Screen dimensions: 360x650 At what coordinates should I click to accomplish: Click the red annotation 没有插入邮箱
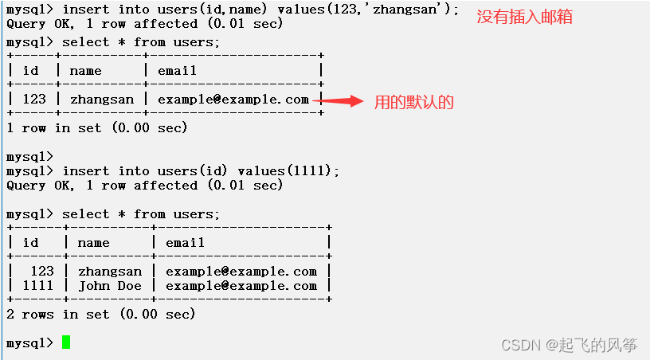pyautogui.click(x=524, y=17)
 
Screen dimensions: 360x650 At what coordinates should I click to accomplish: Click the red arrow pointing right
pyautogui.click(x=343, y=101)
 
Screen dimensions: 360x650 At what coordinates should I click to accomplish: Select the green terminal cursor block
pyautogui.click(x=66, y=342)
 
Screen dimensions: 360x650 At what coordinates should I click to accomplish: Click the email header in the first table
pyautogui.click(x=177, y=71)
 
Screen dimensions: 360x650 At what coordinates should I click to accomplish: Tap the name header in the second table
pyautogui.click(x=93, y=243)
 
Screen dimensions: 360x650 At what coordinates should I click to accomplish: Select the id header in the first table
pyautogui.click(x=30, y=71)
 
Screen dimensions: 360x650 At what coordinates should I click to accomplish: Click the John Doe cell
pyautogui.click(x=109, y=286)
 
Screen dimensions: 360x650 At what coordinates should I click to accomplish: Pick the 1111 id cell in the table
pyautogui.click(x=37, y=286)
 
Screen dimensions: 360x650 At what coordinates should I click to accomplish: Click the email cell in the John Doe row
pyautogui.click(x=241, y=286)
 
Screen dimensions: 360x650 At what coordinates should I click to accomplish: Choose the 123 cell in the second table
pyautogui.click(x=41, y=272)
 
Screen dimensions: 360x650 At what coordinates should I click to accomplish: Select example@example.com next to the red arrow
pyautogui.click(x=233, y=100)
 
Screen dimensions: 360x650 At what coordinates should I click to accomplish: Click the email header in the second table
pyautogui.click(x=185, y=243)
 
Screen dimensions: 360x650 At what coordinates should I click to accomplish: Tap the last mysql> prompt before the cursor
pyautogui.click(x=29, y=343)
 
